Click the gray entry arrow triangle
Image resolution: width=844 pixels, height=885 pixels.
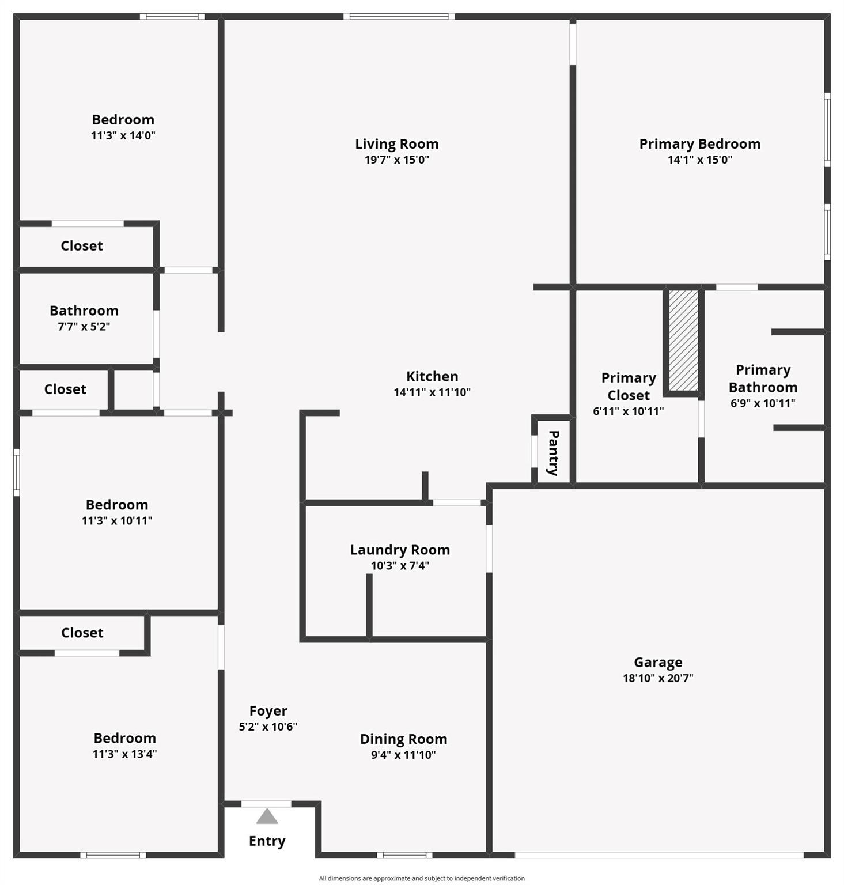pyautogui.click(x=267, y=816)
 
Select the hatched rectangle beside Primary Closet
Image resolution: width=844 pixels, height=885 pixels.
pyautogui.click(x=683, y=341)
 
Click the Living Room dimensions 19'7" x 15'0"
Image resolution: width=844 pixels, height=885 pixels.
pyautogui.click(x=397, y=160)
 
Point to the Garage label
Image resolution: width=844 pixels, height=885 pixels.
pyautogui.click(x=658, y=663)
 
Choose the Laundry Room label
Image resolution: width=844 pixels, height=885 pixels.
pyautogui.click(x=400, y=550)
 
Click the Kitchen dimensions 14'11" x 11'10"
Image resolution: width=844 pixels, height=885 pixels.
pyautogui.click(x=432, y=392)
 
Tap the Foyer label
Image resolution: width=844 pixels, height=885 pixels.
pyautogui.click(x=268, y=711)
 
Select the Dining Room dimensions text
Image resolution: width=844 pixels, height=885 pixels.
pyautogui.click(x=403, y=755)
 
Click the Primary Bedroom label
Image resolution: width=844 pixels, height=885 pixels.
pyautogui.click(x=699, y=144)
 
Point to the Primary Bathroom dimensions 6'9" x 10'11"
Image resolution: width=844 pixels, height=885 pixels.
pyautogui.click(x=763, y=403)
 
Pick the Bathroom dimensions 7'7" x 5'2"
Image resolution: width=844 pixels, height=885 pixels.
pyautogui.click(x=84, y=327)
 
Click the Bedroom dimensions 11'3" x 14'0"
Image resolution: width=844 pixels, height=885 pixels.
pyautogui.click(x=123, y=136)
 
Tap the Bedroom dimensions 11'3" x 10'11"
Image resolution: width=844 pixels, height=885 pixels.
pyautogui.click(x=117, y=521)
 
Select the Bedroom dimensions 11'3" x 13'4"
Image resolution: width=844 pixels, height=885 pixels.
pyautogui.click(x=124, y=754)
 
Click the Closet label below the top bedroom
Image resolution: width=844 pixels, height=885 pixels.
pyautogui.click(x=82, y=246)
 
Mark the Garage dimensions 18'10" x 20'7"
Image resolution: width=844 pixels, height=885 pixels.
pyautogui.click(x=658, y=678)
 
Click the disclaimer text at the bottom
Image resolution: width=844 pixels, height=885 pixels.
pyautogui.click(x=422, y=878)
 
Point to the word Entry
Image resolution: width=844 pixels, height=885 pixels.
pyautogui.click(x=267, y=841)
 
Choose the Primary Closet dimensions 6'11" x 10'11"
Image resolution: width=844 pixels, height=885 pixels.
pyautogui.click(x=628, y=411)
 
